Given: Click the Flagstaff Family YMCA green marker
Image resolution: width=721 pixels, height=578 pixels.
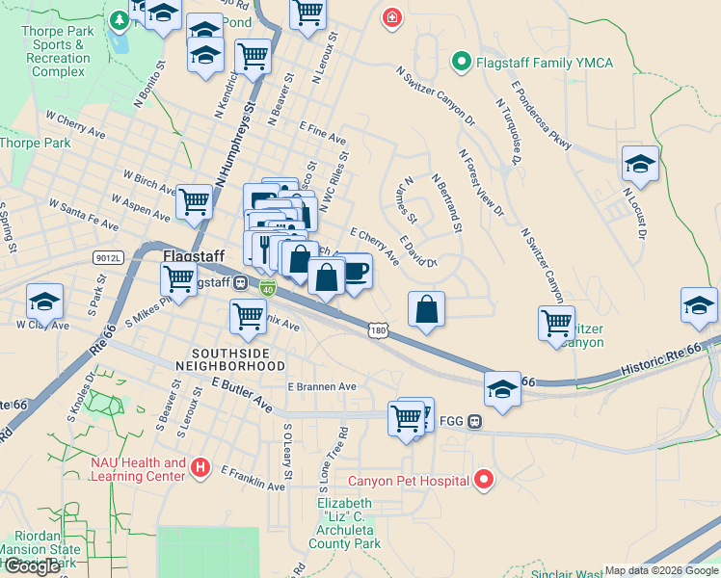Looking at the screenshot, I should (x=461, y=64).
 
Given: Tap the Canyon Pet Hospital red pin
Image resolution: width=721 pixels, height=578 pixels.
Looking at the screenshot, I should (x=484, y=479).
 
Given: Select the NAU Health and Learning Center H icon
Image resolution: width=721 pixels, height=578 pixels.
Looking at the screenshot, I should (x=200, y=468).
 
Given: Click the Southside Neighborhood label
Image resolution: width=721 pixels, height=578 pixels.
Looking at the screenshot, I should (x=238, y=359).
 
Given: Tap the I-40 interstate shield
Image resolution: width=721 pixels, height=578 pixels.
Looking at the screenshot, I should (x=267, y=287).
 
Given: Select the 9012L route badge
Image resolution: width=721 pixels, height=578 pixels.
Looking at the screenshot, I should (x=109, y=258).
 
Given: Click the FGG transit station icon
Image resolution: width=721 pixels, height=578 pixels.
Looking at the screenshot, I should (x=475, y=421).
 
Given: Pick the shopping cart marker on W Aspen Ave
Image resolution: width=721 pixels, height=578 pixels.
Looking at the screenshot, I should (x=194, y=201).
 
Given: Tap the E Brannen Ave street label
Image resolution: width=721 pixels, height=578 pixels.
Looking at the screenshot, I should (x=322, y=386).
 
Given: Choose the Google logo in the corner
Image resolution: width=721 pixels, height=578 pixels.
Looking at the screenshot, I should (x=32, y=566).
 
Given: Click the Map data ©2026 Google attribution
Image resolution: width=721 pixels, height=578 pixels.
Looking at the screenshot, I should (x=661, y=570).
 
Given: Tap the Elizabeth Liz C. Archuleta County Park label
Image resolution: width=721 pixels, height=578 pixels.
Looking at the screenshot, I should (x=348, y=524).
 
